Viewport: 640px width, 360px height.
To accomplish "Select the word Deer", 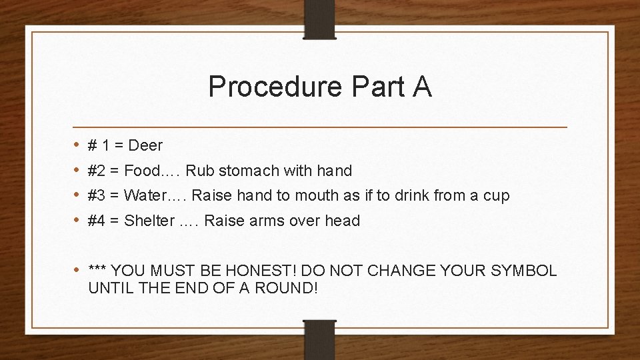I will click(145, 145).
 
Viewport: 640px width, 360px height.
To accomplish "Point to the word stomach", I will click(245, 171).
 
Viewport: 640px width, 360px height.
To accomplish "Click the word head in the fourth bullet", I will click(342, 221).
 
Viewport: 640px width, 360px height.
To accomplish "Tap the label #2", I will click(97, 171).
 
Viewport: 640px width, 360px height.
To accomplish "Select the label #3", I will click(97, 195).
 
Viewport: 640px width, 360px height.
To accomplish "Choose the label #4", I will click(97, 221).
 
